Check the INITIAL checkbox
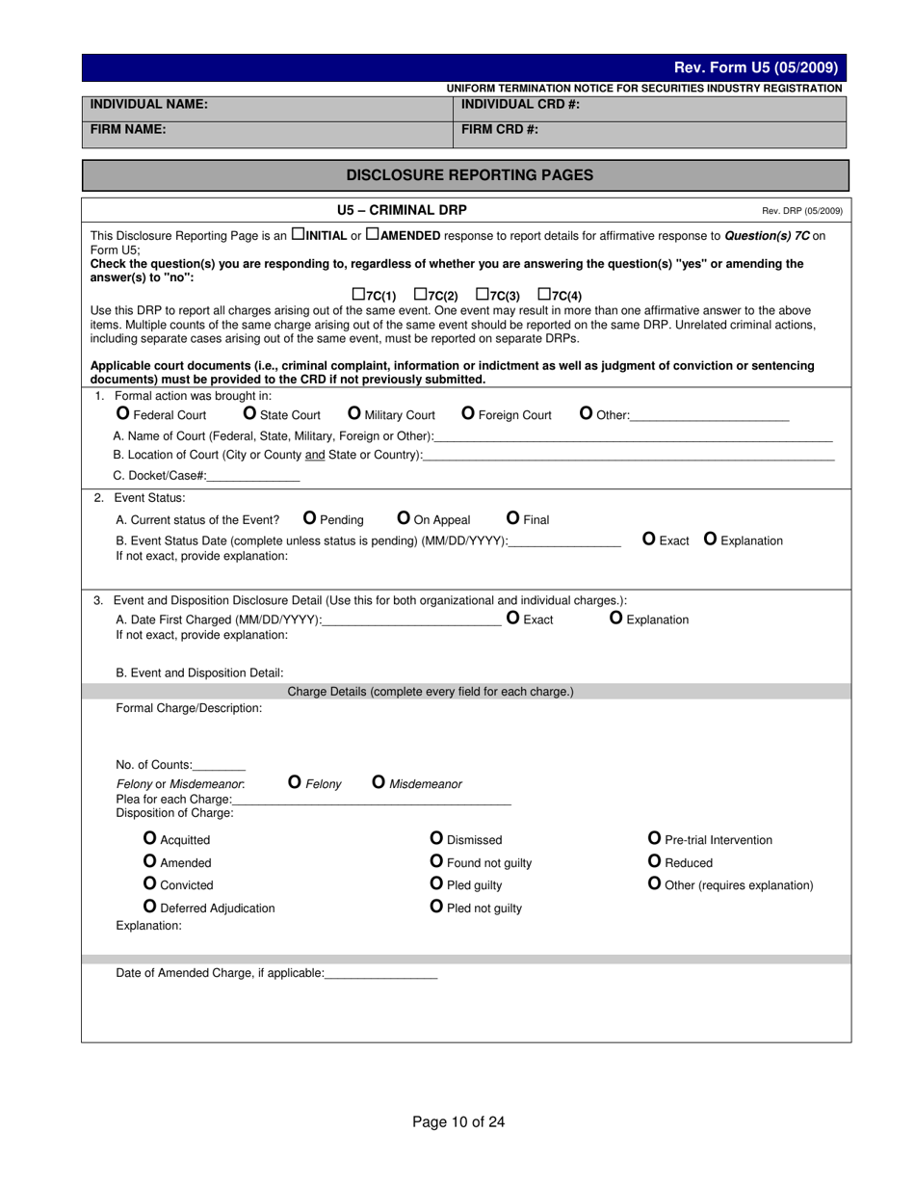[298, 234]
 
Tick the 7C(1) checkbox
[358, 294]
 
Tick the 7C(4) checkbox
[543, 294]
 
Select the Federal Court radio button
[122, 413]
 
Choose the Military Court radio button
[353, 413]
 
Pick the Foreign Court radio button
[468, 413]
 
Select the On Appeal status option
[404, 518]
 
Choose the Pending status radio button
[309, 518]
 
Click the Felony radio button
[295, 782]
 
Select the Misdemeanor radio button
[379, 782]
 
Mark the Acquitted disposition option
[149, 838]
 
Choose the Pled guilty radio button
[436, 883]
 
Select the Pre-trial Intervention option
[655, 838]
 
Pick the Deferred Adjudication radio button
[149, 907]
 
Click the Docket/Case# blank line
[253, 476]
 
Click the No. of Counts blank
[219, 765]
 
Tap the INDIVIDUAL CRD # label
[520, 104]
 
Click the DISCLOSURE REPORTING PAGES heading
[470, 175]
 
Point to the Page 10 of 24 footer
[458, 1121]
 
